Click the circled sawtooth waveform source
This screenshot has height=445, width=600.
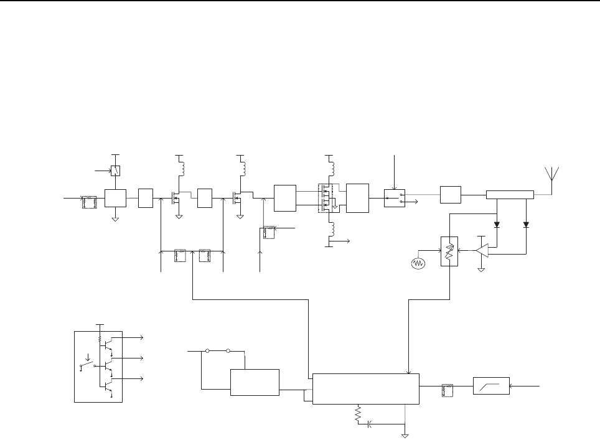click(418, 263)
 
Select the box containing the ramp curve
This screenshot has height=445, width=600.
click(491, 387)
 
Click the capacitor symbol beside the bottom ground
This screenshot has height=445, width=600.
click(370, 424)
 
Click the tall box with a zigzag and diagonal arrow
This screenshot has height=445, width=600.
click(449, 251)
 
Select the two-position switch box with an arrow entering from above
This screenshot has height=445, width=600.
click(393, 197)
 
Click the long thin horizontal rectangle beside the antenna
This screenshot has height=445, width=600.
click(510, 195)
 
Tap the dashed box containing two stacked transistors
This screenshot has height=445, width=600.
click(327, 199)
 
